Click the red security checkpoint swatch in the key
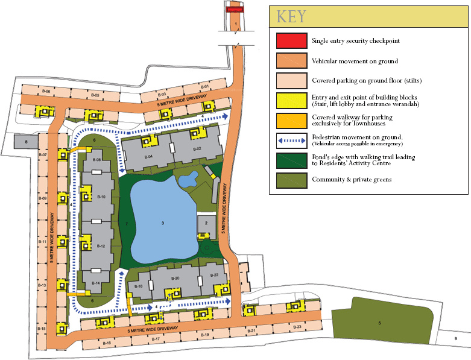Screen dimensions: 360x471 [291, 41]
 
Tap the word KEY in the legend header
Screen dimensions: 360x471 [291, 17]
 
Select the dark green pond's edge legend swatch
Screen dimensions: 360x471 [291, 159]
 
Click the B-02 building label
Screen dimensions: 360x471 [197, 148]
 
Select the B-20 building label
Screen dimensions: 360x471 [175, 278]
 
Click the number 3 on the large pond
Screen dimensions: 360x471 [163, 223]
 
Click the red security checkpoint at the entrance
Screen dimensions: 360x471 [235, 10]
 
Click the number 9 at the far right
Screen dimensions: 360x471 [455, 339]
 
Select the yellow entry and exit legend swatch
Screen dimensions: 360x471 [291, 100]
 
